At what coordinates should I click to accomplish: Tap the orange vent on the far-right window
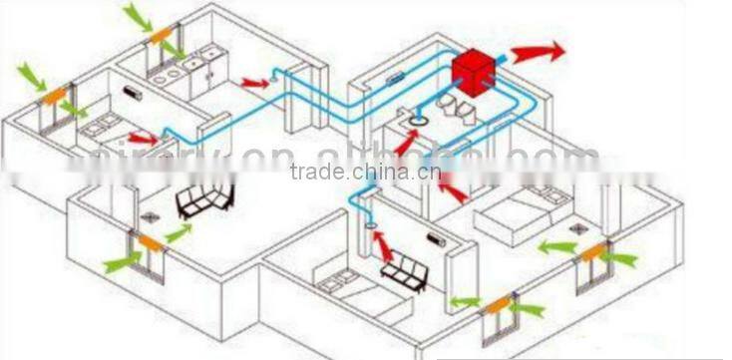tap(592, 252)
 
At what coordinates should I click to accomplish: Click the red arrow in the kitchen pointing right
tap(256, 82)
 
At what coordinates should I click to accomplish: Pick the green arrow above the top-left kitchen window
tap(140, 15)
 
